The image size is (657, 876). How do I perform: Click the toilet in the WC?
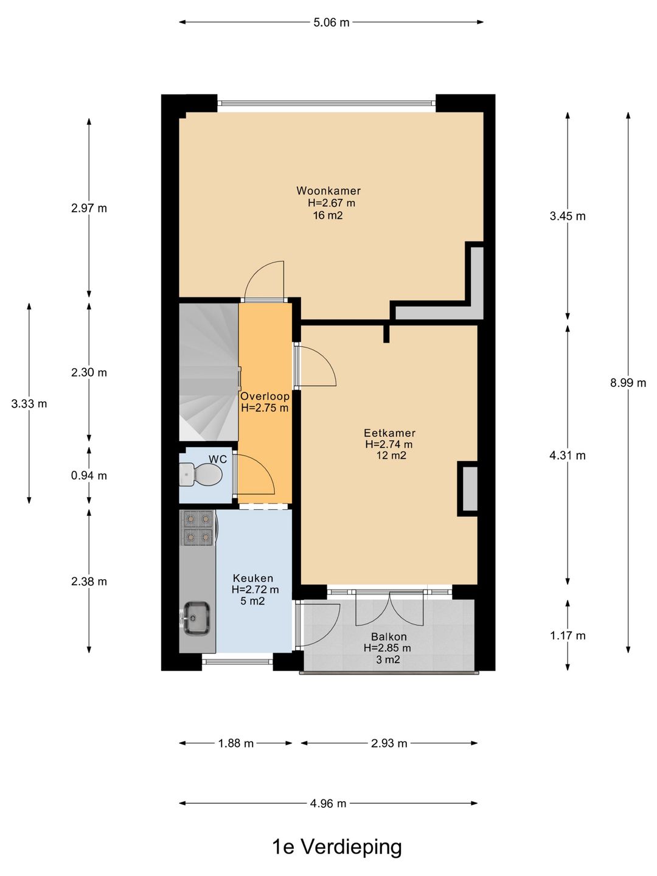coord(201,474)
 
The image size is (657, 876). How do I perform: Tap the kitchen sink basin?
coord(196,618)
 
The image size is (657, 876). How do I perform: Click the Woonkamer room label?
coord(328,190)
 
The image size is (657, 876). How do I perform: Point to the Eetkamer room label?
coord(389,433)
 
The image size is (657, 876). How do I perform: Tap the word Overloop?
coord(265,396)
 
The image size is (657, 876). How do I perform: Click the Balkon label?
coord(389,636)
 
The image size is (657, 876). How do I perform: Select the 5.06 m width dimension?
coord(331,23)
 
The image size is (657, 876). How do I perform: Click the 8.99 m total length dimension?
coord(628,383)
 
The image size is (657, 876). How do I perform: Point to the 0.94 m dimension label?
coord(89,476)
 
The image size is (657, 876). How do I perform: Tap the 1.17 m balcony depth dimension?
coord(568,635)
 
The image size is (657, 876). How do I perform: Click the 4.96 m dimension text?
coord(328,804)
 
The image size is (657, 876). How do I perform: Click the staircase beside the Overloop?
coord(209,372)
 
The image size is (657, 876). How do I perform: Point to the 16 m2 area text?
coord(328,216)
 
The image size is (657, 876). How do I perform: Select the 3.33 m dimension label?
coord(29,404)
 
